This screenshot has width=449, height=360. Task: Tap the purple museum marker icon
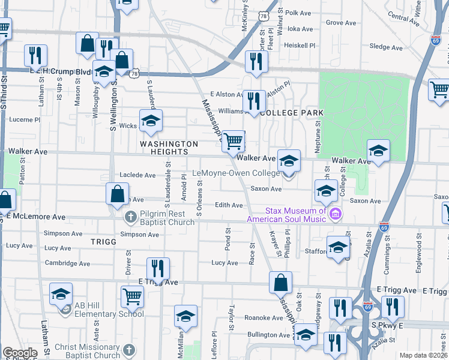coord(336,214)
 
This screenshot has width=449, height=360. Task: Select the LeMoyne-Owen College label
coord(235,173)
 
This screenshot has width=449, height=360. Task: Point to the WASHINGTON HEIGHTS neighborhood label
coord(169,148)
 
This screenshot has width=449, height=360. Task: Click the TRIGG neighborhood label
coord(102,241)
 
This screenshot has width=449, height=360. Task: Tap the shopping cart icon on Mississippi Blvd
coord(233,142)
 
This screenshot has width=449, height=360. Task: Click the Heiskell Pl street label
coord(300,45)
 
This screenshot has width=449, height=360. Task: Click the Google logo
coord(19,353)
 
